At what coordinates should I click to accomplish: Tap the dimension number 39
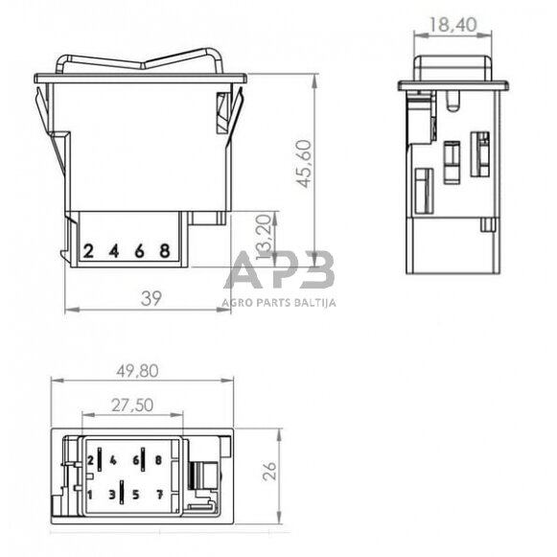pyautogui.click(x=151, y=298)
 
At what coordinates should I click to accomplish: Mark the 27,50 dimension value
pyautogui.click(x=131, y=406)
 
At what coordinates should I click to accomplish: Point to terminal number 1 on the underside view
pyautogui.click(x=90, y=495)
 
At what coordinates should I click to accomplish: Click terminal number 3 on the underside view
pyautogui.click(x=112, y=495)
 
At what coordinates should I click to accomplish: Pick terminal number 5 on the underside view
pyautogui.click(x=135, y=495)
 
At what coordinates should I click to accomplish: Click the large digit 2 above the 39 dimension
pyautogui.click(x=88, y=252)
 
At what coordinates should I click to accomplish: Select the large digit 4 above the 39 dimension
pyautogui.click(x=113, y=252)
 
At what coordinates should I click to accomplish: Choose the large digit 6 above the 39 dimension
pyautogui.click(x=139, y=252)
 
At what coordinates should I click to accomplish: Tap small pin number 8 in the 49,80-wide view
pyautogui.click(x=157, y=460)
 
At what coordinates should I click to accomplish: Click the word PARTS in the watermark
pyautogui.click(x=273, y=302)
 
